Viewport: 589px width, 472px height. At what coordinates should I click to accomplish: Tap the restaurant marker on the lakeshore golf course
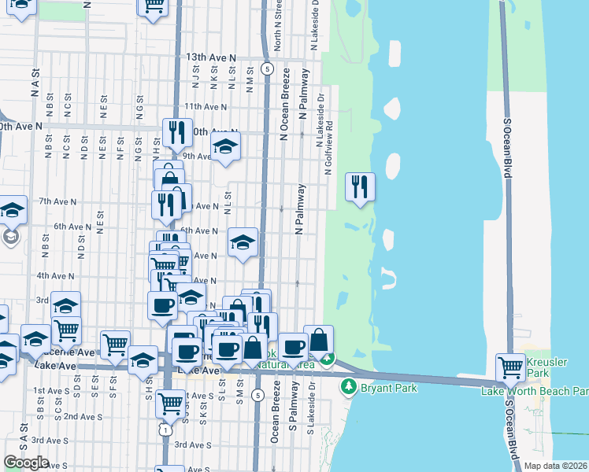(360, 187)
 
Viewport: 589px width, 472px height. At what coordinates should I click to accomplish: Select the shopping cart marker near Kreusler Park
(510, 367)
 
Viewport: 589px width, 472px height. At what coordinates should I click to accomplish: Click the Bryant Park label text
(387, 388)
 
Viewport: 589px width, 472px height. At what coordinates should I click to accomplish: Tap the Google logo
(26, 463)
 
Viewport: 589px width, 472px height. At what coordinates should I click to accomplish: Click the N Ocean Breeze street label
(285, 104)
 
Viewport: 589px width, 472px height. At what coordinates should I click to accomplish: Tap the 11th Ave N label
(205, 106)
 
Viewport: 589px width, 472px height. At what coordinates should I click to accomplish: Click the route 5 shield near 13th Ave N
(269, 69)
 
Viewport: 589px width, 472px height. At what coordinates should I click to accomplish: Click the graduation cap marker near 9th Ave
(225, 146)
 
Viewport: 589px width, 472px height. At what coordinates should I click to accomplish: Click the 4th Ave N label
(55, 276)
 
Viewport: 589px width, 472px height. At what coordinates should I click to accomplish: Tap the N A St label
(35, 79)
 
